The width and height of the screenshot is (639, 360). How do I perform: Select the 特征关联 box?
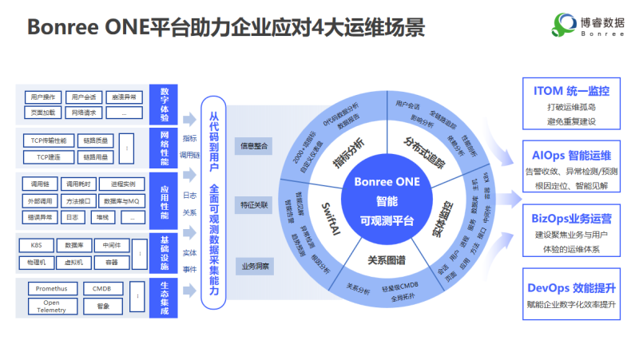pos(253,205)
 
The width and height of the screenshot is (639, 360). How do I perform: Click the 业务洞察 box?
pos(253,264)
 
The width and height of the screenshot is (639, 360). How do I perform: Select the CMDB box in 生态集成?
pos(102,288)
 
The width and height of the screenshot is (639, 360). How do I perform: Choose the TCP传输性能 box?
pos(48,140)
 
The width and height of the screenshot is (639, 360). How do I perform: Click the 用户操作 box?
pos(41,97)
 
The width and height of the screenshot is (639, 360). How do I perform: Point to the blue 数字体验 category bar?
pos(163,105)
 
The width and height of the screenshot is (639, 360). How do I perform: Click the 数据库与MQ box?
pos(124,200)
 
